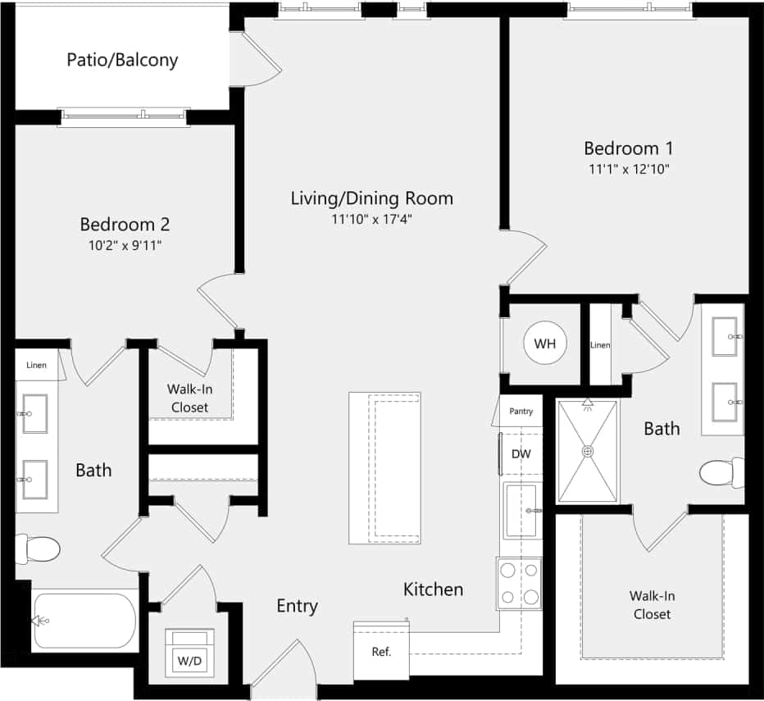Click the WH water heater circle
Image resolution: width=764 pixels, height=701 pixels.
click(544, 344)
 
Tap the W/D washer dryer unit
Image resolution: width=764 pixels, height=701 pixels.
click(190, 653)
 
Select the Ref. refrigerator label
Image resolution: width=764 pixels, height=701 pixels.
click(381, 653)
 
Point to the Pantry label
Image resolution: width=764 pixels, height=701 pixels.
click(521, 411)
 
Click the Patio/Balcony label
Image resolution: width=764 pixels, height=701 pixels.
click(122, 60)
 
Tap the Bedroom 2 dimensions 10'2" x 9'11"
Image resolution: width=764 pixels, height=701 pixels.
click(125, 245)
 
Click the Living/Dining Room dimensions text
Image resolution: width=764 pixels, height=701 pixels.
click(371, 219)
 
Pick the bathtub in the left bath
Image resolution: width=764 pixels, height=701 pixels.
click(84, 621)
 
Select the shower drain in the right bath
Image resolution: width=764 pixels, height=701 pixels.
click(588, 451)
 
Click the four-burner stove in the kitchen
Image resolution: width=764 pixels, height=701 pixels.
click(520, 583)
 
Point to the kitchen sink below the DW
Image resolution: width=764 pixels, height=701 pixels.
click(520, 510)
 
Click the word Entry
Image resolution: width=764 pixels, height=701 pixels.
click(297, 606)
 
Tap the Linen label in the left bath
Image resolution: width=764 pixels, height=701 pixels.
click(36, 365)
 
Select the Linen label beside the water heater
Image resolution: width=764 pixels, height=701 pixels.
click(600, 345)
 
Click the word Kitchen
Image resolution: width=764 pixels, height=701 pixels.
click(433, 589)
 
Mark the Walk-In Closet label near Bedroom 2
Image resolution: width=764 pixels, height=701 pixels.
click(189, 398)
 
